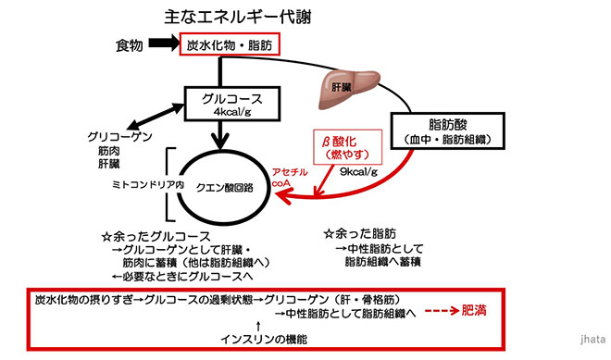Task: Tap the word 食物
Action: pos(130,45)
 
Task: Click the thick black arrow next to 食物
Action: pos(163,44)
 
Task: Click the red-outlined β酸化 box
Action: pos(344,145)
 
